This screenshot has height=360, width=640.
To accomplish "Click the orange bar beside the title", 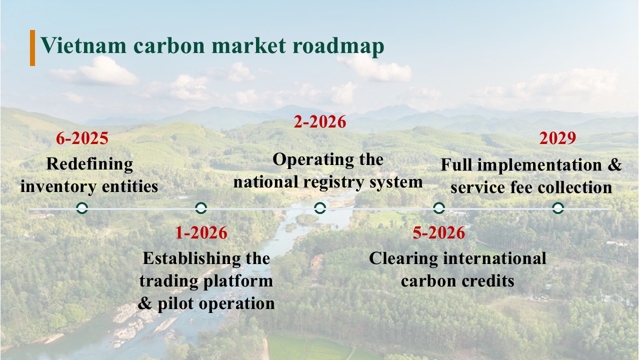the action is (x=32, y=48).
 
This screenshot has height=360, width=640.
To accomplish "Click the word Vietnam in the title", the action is (x=83, y=45).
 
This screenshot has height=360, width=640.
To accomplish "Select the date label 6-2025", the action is (x=82, y=138).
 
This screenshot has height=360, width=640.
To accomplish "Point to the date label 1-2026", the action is (x=201, y=232).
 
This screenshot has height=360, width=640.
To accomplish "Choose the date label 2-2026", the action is (x=320, y=121).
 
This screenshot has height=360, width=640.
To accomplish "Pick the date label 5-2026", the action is (x=439, y=232).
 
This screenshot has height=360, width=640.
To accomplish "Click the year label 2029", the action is (x=557, y=138).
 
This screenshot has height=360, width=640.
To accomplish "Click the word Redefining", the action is (x=89, y=164).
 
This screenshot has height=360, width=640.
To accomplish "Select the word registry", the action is (x=333, y=183).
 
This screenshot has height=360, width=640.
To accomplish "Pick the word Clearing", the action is (x=403, y=259).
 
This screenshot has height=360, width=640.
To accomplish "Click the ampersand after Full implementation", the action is (x=614, y=165).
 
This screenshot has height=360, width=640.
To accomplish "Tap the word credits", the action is (x=487, y=281).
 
